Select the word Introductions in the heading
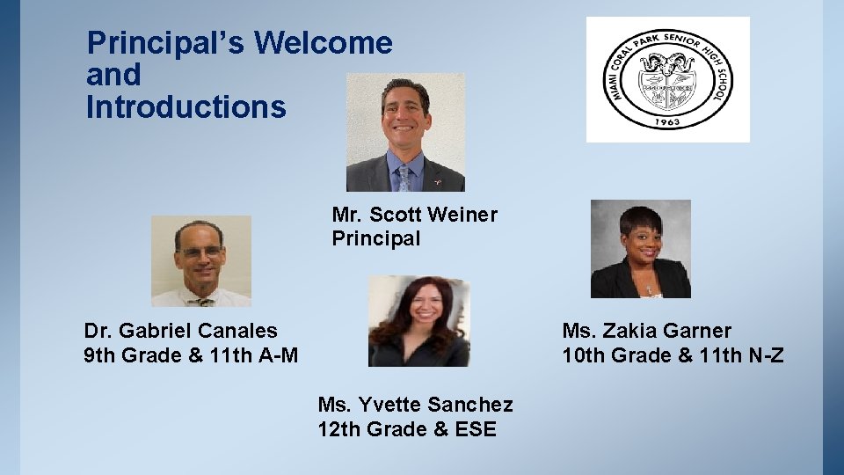click(x=186, y=107)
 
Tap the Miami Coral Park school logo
click(x=667, y=79)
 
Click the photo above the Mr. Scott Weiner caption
click(x=405, y=132)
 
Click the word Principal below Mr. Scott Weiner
click(x=376, y=238)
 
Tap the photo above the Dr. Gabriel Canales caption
click(x=200, y=261)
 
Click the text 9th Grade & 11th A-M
click(x=191, y=355)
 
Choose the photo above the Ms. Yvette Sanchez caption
click(x=418, y=321)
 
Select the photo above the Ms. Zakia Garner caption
click(x=640, y=249)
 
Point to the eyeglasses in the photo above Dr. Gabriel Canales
click(x=200, y=252)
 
